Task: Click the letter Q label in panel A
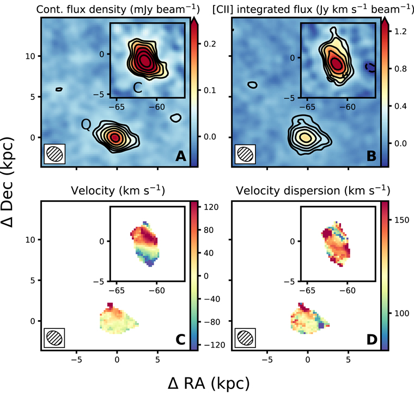pos(86,124)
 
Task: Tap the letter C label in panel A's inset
pos(138,88)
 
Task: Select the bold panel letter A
pos(181,156)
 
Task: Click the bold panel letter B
pos(372,156)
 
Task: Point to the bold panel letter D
pos(372,340)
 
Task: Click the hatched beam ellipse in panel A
pos(54,154)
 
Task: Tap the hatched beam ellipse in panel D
pos(245,338)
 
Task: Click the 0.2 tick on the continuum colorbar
pos(210,44)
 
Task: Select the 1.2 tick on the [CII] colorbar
pos(400,32)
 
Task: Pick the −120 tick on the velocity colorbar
pos(215,345)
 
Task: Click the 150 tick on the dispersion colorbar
pos(401,220)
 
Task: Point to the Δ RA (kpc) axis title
pos(209,383)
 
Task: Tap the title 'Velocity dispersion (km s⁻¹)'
pos(313,190)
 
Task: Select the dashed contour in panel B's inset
pos(370,68)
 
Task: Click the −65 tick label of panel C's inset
pos(117,291)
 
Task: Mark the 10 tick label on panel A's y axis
pos(31,56)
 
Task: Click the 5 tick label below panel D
pos(348,359)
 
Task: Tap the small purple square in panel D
pos(321,325)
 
